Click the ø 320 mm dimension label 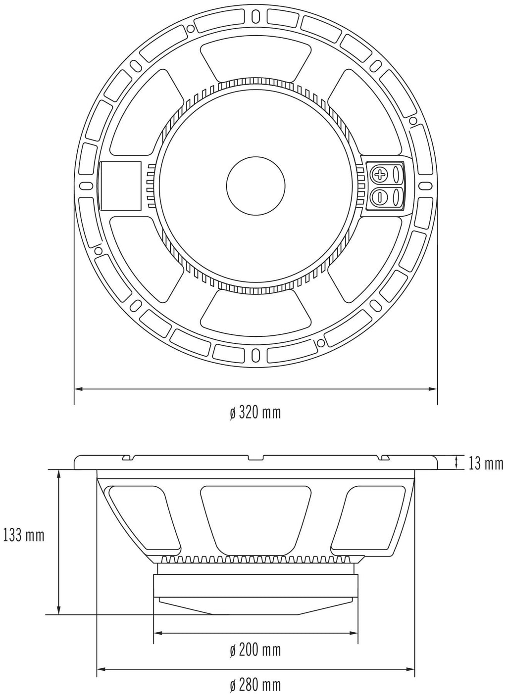click(x=255, y=413)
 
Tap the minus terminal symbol click(x=379, y=197)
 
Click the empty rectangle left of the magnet click(x=122, y=185)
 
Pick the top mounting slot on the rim click(x=255, y=15)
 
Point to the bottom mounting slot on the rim click(x=255, y=354)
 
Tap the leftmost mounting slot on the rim click(x=86, y=186)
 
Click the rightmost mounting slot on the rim click(x=425, y=186)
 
